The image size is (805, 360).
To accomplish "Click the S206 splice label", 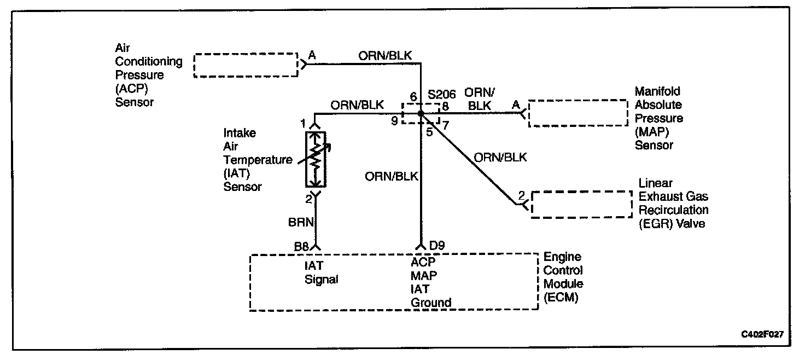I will tap(442, 94).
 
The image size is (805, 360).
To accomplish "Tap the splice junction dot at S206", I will tap(421, 113).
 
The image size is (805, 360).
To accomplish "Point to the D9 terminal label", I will tap(436, 247).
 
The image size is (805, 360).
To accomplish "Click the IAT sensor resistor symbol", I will tap(315, 159).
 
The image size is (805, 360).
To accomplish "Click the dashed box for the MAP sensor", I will tap(577, 113).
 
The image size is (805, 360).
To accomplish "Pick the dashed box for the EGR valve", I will tap(581, 205).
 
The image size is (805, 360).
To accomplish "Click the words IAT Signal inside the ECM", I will tap(322, 272).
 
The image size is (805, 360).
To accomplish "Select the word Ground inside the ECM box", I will tap(431, 302).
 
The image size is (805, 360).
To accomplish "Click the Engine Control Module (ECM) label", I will tap(563, 277).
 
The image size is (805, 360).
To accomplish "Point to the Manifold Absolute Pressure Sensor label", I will tap(658, 118).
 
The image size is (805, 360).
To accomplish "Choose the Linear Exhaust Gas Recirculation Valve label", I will tap(674, 203).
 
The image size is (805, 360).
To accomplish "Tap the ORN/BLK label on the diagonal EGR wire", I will tap(500, 158).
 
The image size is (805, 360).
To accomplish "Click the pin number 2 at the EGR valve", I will tap(521, 195).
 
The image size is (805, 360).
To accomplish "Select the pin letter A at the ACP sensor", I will tap(312, 55).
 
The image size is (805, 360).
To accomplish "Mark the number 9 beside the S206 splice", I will tap(394, 121).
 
